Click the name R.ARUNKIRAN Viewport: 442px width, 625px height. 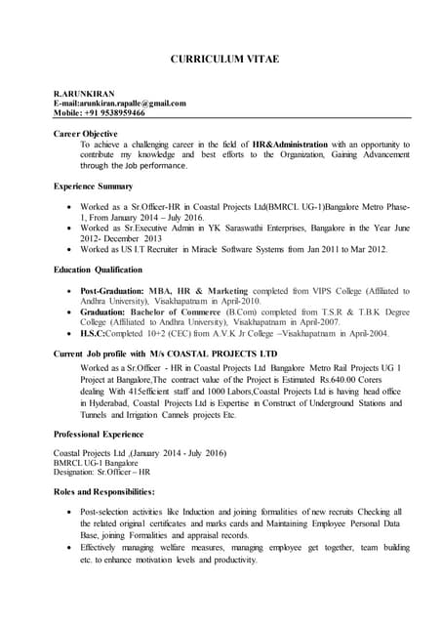coord(83,93)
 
